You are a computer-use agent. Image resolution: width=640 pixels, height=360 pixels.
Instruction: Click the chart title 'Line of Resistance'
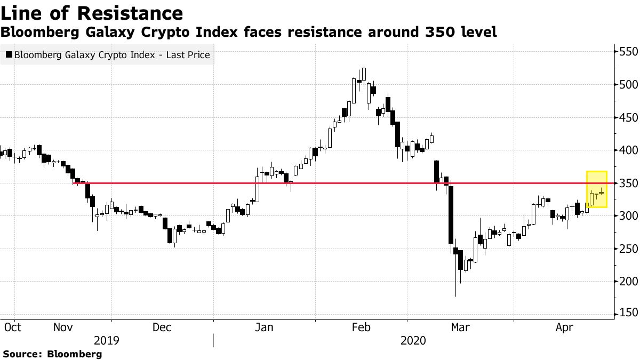(x=92, y=13)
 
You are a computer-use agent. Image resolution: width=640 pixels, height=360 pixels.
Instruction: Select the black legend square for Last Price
(x=9, y=54)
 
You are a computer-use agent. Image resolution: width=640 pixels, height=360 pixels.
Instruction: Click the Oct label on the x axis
(x=12, y=327)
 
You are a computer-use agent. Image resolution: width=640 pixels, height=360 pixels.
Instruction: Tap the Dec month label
(x=163, y=327)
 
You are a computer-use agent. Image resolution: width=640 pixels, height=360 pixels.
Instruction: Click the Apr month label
(x=565, y=327)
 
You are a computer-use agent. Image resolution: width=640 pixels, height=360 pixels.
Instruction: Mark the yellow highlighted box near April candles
(x=597, y=189)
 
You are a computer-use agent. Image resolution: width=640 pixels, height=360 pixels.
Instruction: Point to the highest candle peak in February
(x=364, y=68)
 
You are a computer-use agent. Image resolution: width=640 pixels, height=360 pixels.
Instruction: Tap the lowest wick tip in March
(x=456, y=297)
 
